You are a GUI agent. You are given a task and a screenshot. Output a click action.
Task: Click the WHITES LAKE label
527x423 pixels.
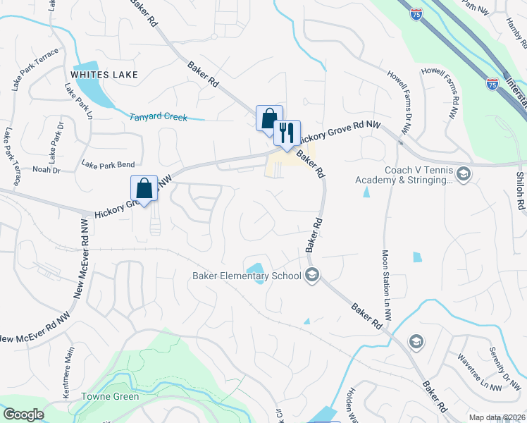pyautogui.click(x=104, y=74)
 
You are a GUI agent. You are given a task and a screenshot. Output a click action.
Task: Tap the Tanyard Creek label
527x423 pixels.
pyautogui.click(x=159, y=117)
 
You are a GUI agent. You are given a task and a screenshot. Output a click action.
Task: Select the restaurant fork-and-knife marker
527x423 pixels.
pyautogui.click(x=287, y=133)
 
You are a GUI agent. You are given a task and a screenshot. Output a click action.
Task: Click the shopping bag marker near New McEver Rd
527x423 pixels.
pyautogui.click(x=144, y=188)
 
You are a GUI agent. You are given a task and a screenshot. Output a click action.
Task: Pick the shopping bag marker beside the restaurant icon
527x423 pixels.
pyautogui.click(x=268, y=118)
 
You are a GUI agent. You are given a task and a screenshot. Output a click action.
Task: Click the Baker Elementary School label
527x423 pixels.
pyautogui.click(x=247, y=276)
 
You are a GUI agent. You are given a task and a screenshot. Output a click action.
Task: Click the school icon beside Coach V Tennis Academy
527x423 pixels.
pyautogui.click(x=463, y=173)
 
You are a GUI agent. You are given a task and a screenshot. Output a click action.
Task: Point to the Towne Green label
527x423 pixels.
pyautogui.click(x=111, y=396)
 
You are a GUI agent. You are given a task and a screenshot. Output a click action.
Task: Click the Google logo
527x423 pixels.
pyautogui.click(x=23, y=415)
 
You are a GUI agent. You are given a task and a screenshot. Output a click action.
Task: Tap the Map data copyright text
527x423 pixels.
pyautogui.click(x=496, y=417)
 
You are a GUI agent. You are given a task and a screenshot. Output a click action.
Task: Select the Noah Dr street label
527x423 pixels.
pyautogui.click(x=47, y=170)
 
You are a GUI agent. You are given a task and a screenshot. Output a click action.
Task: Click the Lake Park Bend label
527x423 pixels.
pyautogui.click(x=108, y=165)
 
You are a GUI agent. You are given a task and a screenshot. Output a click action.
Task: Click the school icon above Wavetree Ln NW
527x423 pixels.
pyautogui.click(x=415, y=342)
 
